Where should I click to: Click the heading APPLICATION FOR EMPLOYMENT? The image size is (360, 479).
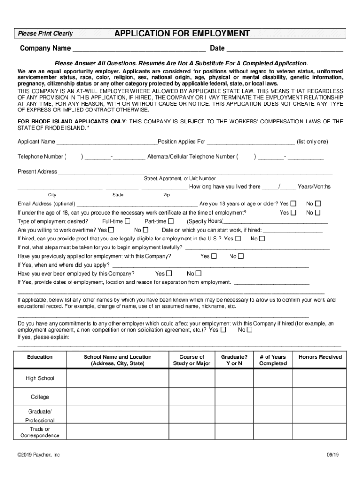tap(182, 33)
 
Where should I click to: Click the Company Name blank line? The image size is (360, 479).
tap(139, 49)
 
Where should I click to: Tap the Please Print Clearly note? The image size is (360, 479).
tap(45, 34)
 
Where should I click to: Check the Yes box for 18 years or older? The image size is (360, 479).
tap(294, 204)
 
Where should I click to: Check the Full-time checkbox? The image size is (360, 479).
tap(128, 221)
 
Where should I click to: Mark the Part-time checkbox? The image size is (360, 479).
tap(171, 221)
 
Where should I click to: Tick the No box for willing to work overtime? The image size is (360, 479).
tap(145, 230)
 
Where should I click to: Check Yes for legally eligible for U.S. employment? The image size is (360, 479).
tap(238, 239)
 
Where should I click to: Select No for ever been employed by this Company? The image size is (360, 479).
tap(198, 274)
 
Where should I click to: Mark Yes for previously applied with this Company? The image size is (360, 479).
tap(214, 256)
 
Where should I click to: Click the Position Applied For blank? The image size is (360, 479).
tap(251, 142)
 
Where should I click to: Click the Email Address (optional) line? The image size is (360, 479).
tap(137, 204)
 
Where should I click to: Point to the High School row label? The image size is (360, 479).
tap(40, 378)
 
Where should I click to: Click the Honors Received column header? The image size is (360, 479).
tap(320, 357)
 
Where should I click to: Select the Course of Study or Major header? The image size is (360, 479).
tap(192, 360)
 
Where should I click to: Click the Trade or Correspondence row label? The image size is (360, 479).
tap(40, 432)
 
